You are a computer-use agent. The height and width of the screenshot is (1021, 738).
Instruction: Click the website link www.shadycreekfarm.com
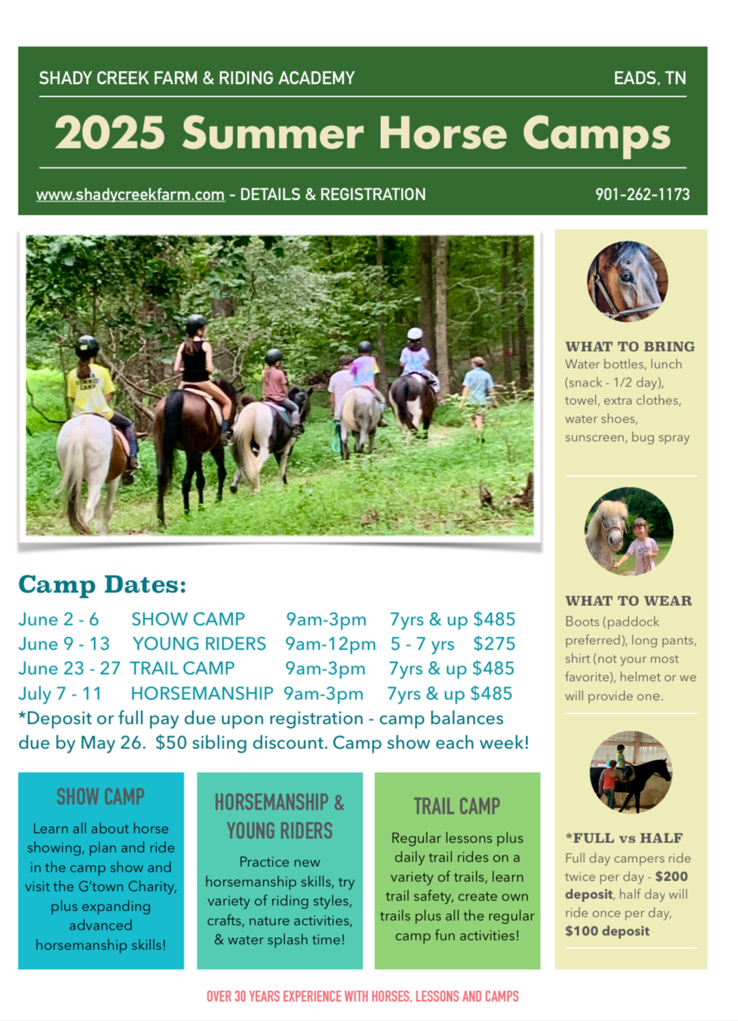tap(130, 195)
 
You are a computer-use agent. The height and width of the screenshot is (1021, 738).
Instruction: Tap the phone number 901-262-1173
tap(643, 195)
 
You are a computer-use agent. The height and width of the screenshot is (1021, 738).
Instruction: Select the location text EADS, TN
tap(649, 78)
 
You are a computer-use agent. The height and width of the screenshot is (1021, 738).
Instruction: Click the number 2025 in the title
tap(110, 133)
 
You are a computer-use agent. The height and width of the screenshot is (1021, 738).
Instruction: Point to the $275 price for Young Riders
tap(493, 643)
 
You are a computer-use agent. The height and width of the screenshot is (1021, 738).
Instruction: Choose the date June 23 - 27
tap(70, 668)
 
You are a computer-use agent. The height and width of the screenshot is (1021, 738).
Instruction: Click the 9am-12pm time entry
tap(330, 643)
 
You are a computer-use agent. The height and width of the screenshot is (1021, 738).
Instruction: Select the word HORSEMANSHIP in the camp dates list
tap(202, 693)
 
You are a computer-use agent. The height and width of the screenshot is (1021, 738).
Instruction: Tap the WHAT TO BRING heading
tap(630, 346)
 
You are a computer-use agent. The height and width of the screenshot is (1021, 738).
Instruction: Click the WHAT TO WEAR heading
tap(628, 600)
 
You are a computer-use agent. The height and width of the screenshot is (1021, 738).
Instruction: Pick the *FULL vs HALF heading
tap(624, 838)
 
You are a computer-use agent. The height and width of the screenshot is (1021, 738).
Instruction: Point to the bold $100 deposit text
tap(607, 931)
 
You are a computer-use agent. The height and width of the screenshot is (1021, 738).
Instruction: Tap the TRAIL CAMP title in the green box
tap(457, 806)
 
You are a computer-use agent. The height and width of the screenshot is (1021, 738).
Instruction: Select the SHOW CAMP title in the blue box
tap(100, 796)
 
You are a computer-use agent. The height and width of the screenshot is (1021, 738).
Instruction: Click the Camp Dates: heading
tap(103, 585)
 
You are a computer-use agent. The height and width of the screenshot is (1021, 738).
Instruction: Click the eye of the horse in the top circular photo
tap(626, 276)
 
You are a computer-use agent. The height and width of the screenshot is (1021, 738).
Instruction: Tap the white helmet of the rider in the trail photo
tap(415, 333)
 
